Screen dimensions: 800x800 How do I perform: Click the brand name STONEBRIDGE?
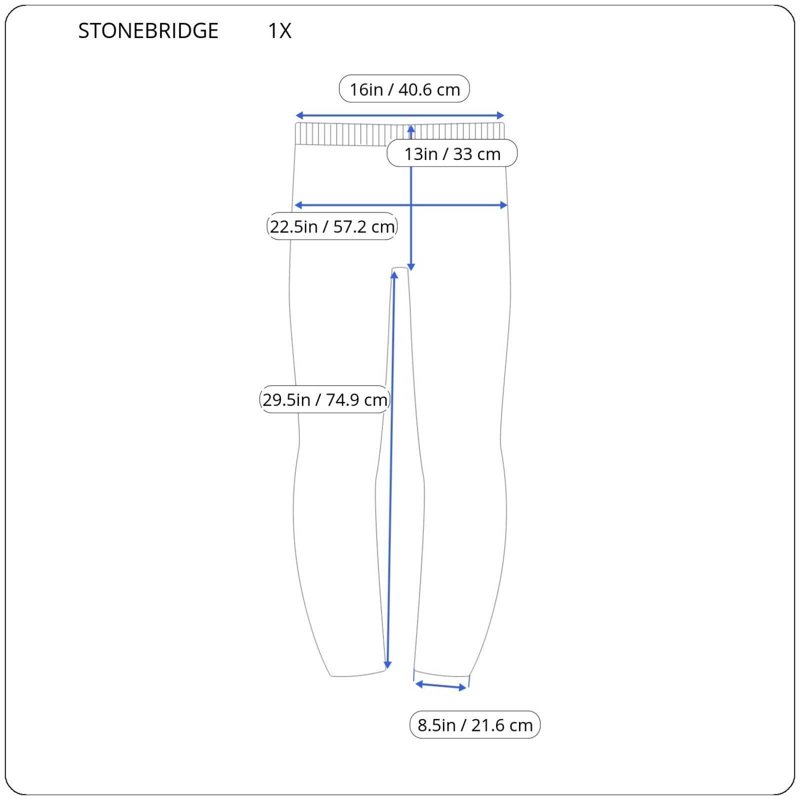[148, 31]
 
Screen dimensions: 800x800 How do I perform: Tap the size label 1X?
[279, 31]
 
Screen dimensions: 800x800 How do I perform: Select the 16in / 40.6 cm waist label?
[404, 89]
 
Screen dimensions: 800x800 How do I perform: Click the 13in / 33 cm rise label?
[452, 153]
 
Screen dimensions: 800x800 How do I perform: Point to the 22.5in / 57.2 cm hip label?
[332, 226]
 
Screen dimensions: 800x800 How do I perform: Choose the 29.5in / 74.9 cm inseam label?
[325, 399]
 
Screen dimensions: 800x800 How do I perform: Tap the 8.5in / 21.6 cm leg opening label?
[475, 724]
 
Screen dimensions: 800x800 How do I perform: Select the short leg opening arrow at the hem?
[441, 685]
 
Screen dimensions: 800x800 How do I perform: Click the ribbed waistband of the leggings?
[400, 134]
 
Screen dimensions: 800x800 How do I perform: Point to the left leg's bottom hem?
[358, 673]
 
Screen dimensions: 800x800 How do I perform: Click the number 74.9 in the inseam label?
[342, 400]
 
